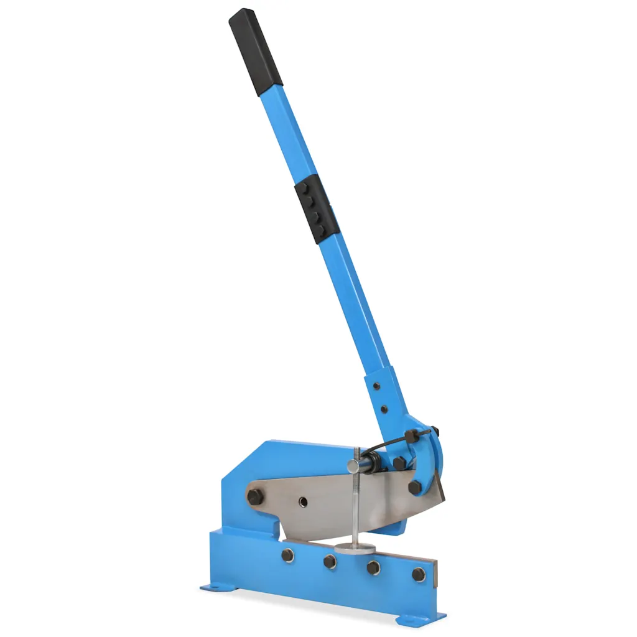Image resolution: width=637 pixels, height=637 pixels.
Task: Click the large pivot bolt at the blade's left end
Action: [x=254, y=496]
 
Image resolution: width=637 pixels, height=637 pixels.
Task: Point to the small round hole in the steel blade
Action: [x=302, y=501]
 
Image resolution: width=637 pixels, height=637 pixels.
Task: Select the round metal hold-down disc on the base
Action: [x=355, y=548]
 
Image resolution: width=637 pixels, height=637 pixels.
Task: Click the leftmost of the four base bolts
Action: [x=287, y=554]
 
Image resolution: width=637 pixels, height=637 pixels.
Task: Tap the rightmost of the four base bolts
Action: [x=419, y=574]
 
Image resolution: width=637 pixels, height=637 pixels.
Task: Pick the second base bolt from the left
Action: [x=330, y=561]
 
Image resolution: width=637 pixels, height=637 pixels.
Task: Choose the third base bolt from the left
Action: [x=373, y=567]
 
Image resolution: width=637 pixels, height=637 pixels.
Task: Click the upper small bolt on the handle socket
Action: [x=376, y=386]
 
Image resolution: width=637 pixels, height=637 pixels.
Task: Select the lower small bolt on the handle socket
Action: [x=384, y=409]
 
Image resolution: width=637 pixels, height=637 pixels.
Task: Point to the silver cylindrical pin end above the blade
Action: [x=353, y=467]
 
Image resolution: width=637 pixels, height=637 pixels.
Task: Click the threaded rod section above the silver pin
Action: [x=357, y=453]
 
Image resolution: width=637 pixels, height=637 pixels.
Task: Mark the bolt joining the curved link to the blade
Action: [x=414, y=487]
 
